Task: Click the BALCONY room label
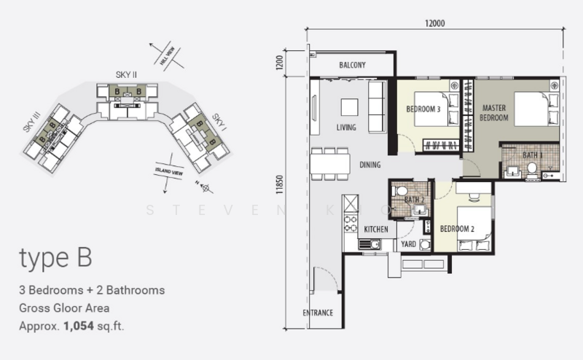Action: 352,66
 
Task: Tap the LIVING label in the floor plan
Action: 345,128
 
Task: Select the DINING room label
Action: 369,165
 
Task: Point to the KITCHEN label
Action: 376,230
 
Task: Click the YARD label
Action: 408,244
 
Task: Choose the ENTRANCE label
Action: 318,313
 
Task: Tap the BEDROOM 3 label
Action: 423,110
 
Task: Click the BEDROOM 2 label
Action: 458,229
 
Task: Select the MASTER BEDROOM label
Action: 494,113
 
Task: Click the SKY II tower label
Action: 126,75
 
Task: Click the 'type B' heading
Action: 55,259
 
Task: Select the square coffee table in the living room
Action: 349,107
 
